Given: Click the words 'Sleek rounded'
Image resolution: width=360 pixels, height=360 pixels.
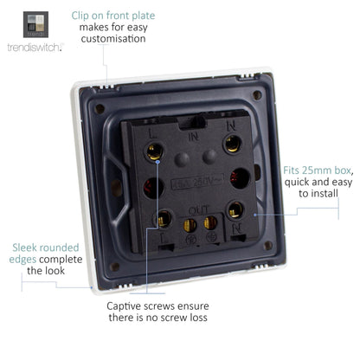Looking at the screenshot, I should click(40, 246).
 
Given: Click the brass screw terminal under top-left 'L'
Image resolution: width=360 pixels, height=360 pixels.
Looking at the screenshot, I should click(157, 153).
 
